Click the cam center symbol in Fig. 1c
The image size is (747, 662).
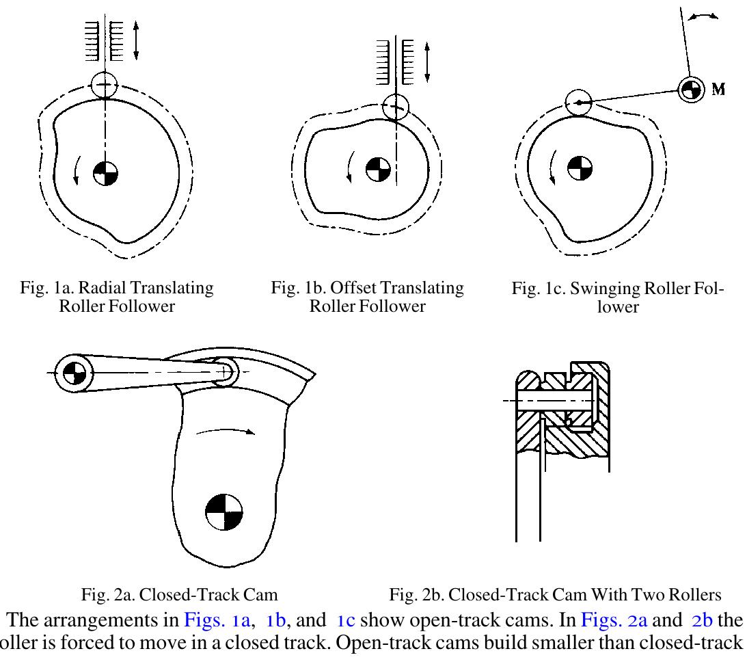(580, 168)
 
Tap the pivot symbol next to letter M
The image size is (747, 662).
(690, 89)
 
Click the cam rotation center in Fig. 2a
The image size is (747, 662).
(225, 511)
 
